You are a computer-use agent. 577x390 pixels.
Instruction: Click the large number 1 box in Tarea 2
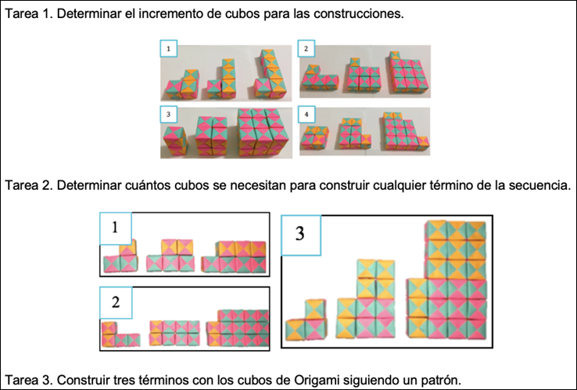pyautogui.click(x=116, y=228)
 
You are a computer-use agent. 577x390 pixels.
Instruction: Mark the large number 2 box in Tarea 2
pyautogui.click(x=116, y=303)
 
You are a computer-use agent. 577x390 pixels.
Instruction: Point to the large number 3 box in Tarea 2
pyautogui.click(x=301, y=234)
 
